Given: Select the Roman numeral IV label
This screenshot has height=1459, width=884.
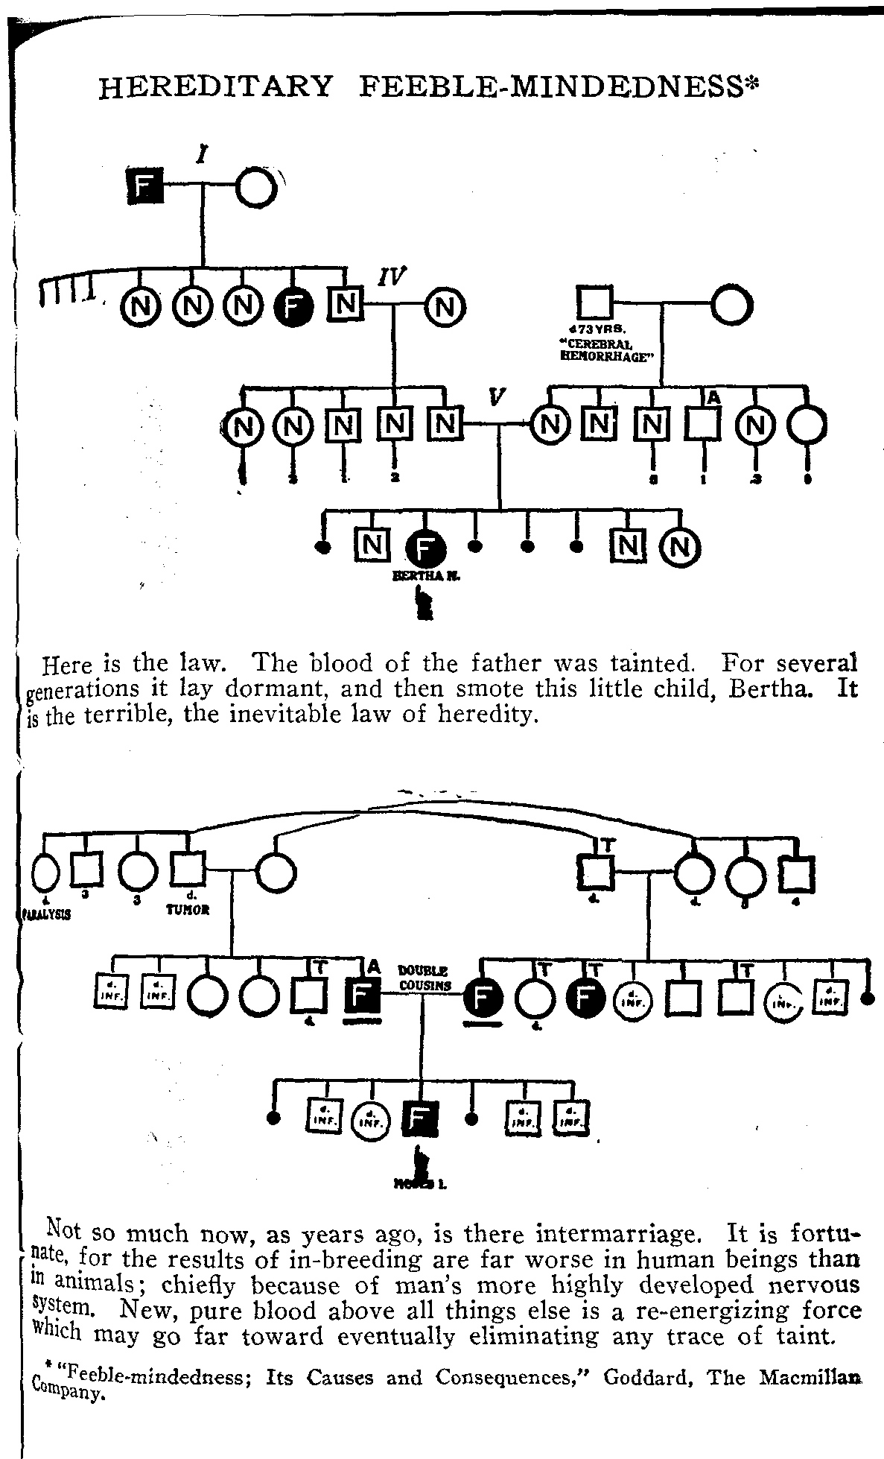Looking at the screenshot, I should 391,277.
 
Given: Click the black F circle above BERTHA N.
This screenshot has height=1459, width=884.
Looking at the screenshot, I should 425,550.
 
